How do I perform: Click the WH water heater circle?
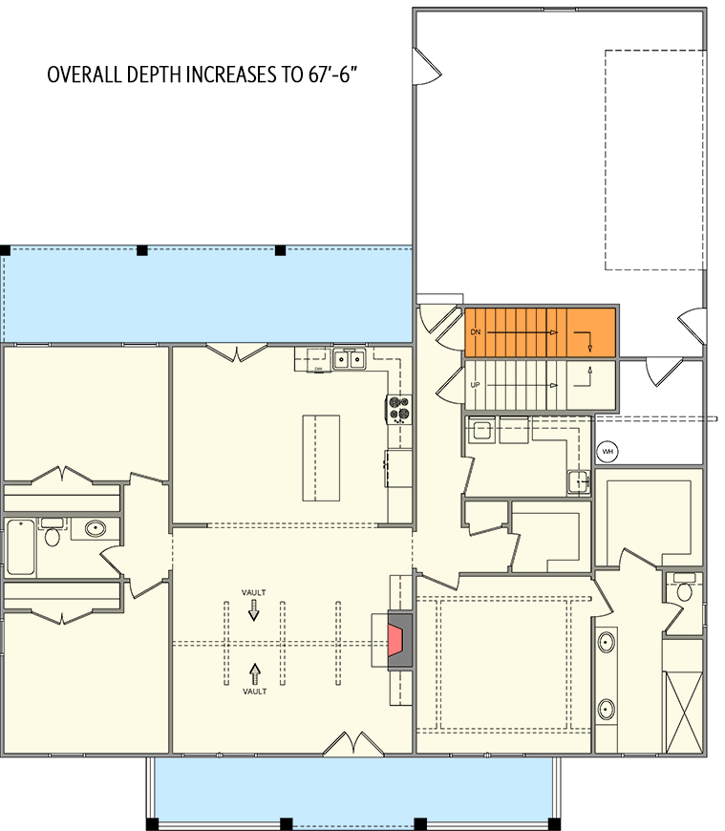(606, 451)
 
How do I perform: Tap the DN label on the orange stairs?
(475, 332)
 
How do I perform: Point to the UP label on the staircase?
(475, 385)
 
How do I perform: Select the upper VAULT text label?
(253, 592)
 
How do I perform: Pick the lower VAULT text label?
(253, 691)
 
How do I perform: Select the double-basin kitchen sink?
(349, 359)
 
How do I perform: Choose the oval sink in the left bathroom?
(95, 528)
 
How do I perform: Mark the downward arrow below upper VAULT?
(253, 612)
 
